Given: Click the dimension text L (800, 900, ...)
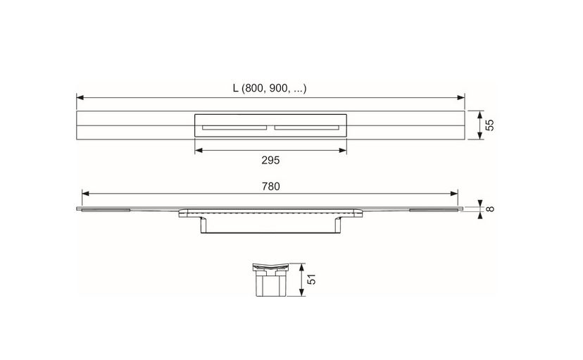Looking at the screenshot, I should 270,88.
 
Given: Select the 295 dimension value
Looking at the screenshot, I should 270,161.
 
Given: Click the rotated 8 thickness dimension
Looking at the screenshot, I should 491,209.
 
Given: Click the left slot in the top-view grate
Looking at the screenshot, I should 234,128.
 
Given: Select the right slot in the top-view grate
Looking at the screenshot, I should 307,128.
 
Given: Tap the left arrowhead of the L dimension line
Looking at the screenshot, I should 80,98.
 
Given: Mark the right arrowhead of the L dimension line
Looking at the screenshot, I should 462,98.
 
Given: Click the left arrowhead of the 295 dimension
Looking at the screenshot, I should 198,149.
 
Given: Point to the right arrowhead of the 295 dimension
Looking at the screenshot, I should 343,149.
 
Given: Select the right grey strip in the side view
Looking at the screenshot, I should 434,210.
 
